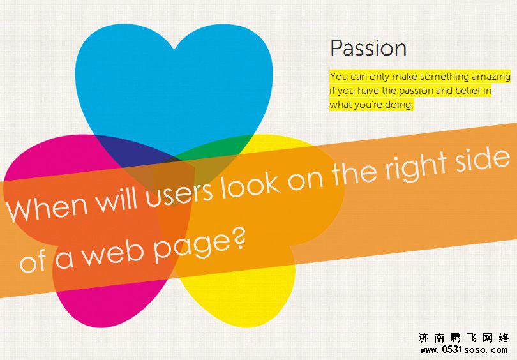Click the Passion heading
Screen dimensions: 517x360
click(x=368, y=49)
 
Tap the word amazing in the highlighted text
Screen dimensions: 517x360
click(x=491, y=77)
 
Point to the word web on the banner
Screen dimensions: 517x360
click(x=113, y=253)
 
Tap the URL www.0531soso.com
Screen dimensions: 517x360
click(x=463, y=350)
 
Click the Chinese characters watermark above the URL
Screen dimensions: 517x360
click(x=463, y=338)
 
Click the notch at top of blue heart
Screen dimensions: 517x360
click(x=174, y=49)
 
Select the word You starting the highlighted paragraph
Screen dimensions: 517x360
click(x=339, y=77)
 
